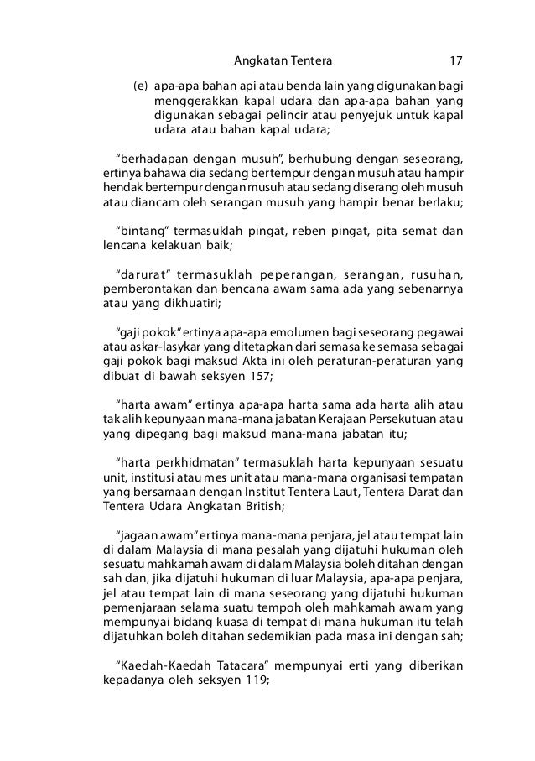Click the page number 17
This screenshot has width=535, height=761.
coord(456,61)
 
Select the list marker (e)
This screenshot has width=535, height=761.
coord(140,85)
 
